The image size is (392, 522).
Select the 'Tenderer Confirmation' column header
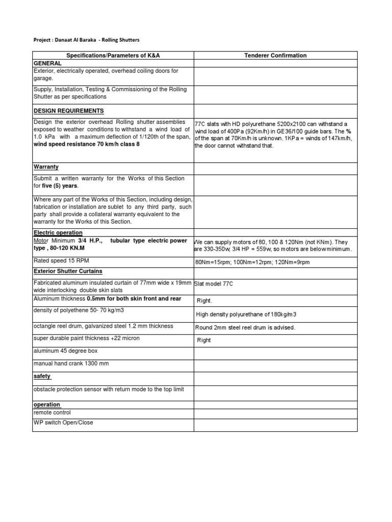(275, 56)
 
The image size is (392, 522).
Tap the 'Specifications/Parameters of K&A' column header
(113, 56)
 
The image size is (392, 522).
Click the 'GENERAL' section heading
(47, 63)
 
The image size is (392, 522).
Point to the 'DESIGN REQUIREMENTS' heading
(68, 111)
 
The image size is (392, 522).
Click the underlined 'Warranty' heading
(46, 167)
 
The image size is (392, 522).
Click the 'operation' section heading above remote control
(47, 404)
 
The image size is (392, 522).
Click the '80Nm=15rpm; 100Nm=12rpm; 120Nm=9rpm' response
(252, 262)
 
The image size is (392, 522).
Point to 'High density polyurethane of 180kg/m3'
(246, 314)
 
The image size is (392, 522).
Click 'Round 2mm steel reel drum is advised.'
(245, 327)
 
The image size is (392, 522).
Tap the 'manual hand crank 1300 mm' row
(71, 363)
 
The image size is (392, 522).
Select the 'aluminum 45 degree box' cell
(65, 351)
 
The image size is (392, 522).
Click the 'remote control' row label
(52, 412)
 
